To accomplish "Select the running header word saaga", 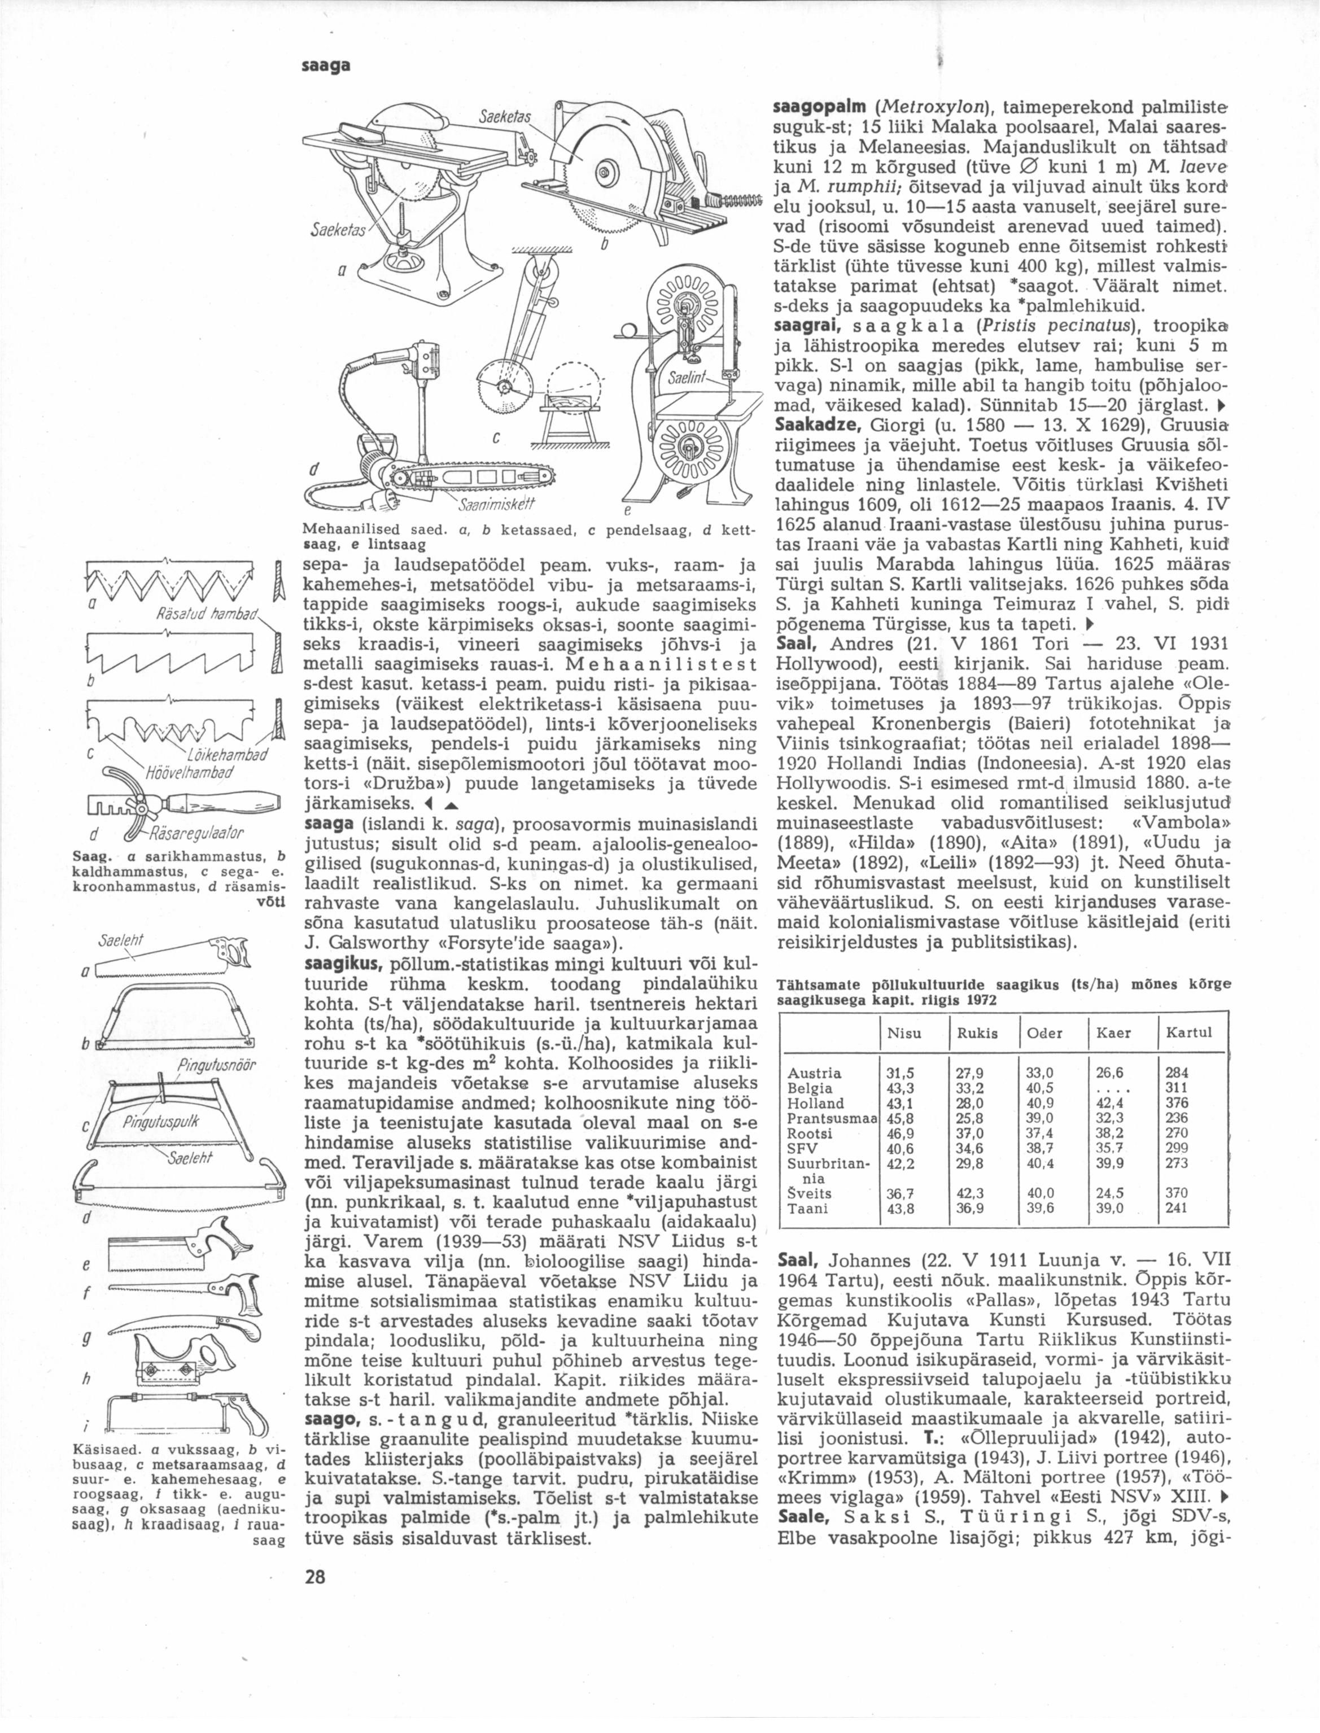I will (x=325, y=68).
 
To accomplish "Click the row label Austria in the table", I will (x=814, y=1073).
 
